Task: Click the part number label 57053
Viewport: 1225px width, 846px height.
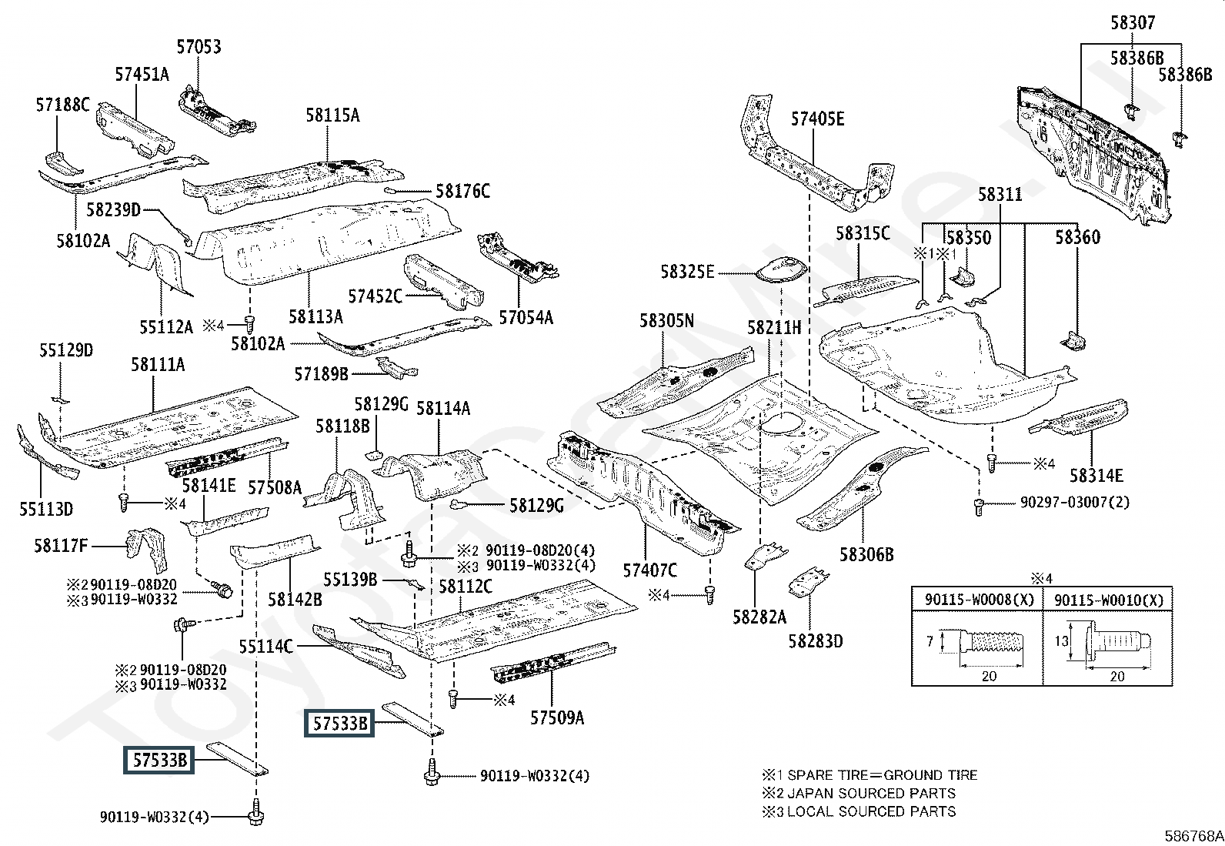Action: click(x=199, y=47)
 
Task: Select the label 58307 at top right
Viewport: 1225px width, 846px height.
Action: click(x=1132, y=23)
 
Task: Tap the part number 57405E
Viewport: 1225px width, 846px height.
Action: click(x=818, y=119)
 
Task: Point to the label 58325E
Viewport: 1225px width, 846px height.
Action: click(x=688, y=272)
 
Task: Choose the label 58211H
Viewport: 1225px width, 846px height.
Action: click(x=774, y=328)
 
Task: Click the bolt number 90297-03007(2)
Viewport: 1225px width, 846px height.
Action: click(x=1075, y=502)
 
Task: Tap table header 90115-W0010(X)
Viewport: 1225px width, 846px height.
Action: click(x=1109, y=600)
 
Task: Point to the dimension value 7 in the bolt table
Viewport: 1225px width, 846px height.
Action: click(x=930, y=641)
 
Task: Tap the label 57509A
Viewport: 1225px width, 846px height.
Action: click(x=557, y=718)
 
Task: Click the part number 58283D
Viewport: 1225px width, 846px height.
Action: click(x=815, y=640)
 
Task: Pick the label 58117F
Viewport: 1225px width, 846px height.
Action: click(x=61, y=547)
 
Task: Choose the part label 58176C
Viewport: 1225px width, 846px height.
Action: click(x=462, y=191)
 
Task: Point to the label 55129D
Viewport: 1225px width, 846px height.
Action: click(x=66, y=351)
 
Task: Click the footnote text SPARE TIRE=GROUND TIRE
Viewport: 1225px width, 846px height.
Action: click(x=882, y=775)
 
